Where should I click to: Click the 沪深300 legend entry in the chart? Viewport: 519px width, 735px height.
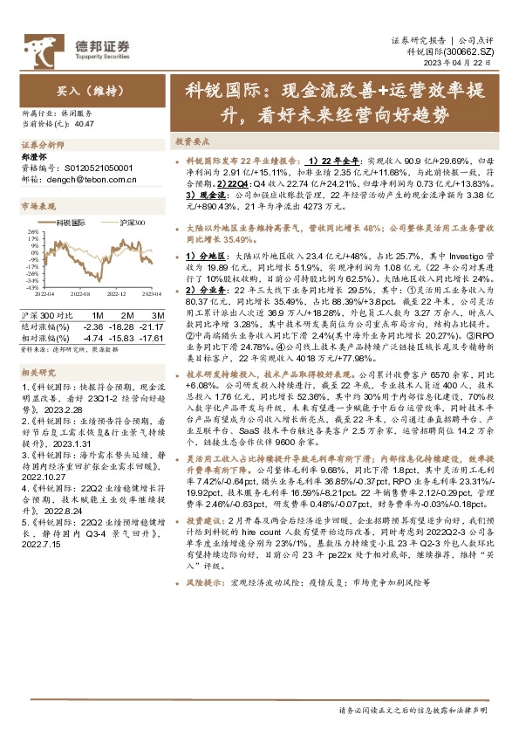click(x=132, y=223)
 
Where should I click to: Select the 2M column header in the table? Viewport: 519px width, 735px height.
click(x=126, y=313)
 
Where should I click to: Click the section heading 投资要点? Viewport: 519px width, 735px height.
click(x=192, y=141)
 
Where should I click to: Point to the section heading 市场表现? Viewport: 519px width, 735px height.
click(x=38, y=206)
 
